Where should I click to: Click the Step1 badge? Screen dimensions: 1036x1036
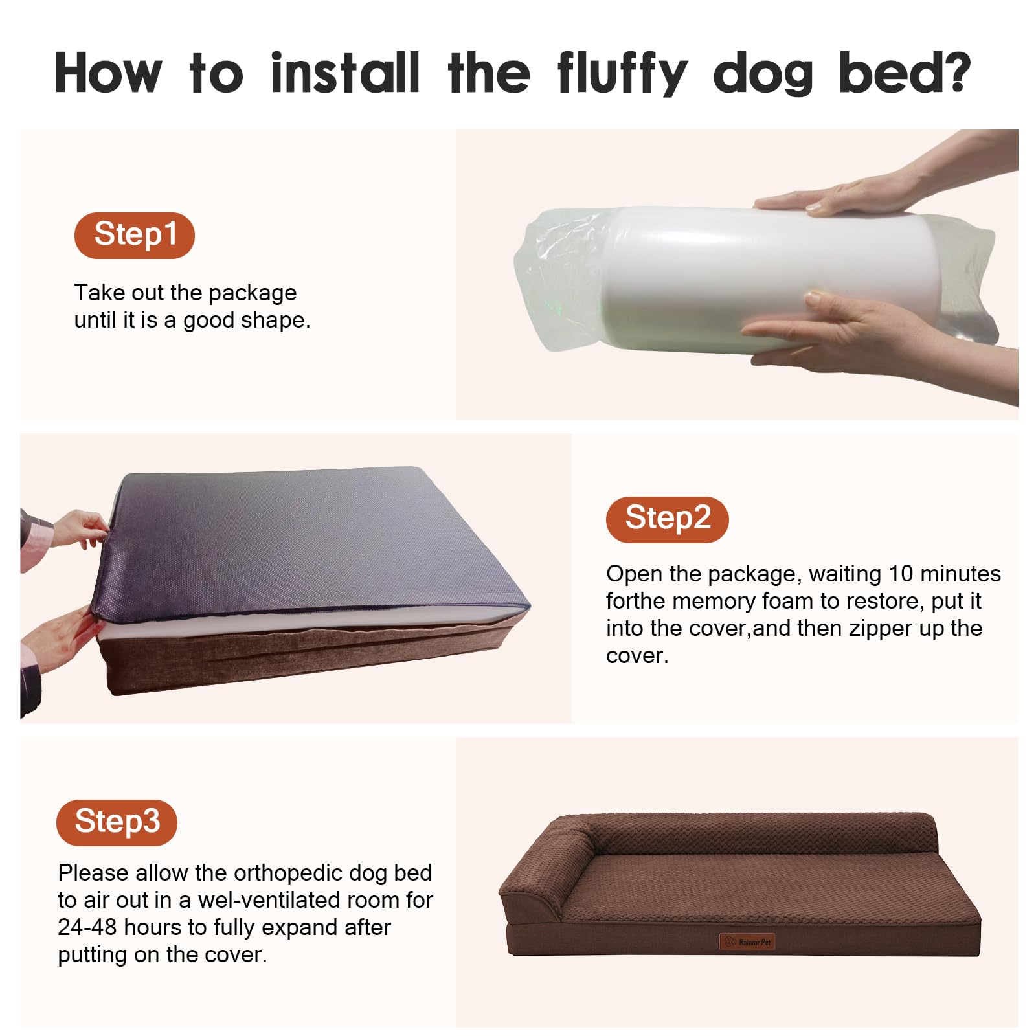coord(135,235)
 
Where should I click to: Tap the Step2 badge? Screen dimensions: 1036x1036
coord(668,519)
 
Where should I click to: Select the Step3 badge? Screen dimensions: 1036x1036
coord(117,822)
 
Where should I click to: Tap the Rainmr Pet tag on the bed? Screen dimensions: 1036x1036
coord(747,941)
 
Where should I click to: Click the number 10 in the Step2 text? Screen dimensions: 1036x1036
coord(901,574)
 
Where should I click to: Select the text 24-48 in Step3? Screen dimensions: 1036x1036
coord(87,927)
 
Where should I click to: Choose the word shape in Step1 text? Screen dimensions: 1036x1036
coord(277,321)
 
